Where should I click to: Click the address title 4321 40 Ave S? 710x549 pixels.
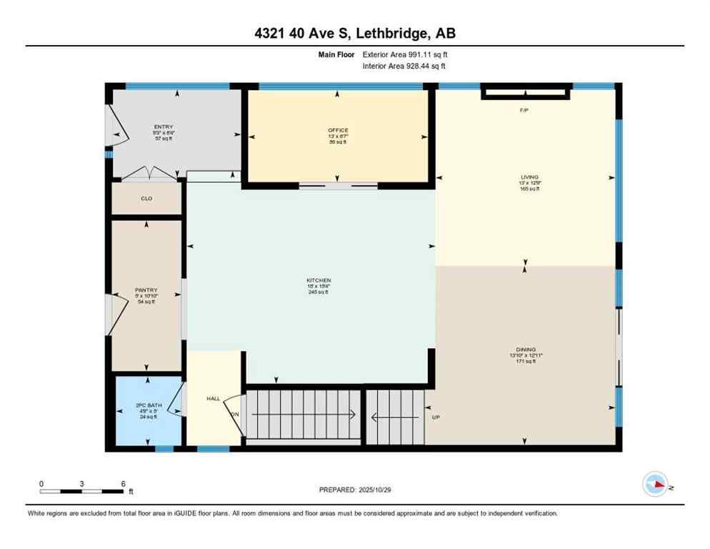click(x=355, y=33)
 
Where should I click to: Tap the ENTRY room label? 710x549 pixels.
click(x=163, y=127)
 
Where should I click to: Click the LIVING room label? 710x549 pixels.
click(x=529, y=177)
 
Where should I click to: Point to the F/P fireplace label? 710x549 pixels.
click(x=524, y=110)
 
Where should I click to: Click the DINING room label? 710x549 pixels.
click(x=526, y=350)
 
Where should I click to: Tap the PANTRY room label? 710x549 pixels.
click(x=146, y=290)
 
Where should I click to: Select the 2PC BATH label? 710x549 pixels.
click(x=149, y=405)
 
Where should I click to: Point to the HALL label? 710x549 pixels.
click(x=214, y=399)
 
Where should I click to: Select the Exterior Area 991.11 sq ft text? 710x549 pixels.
click(x=405, y=54)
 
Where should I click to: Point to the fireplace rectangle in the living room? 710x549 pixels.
click(x=526, y=91)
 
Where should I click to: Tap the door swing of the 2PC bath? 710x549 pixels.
click(x=177, y=399)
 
